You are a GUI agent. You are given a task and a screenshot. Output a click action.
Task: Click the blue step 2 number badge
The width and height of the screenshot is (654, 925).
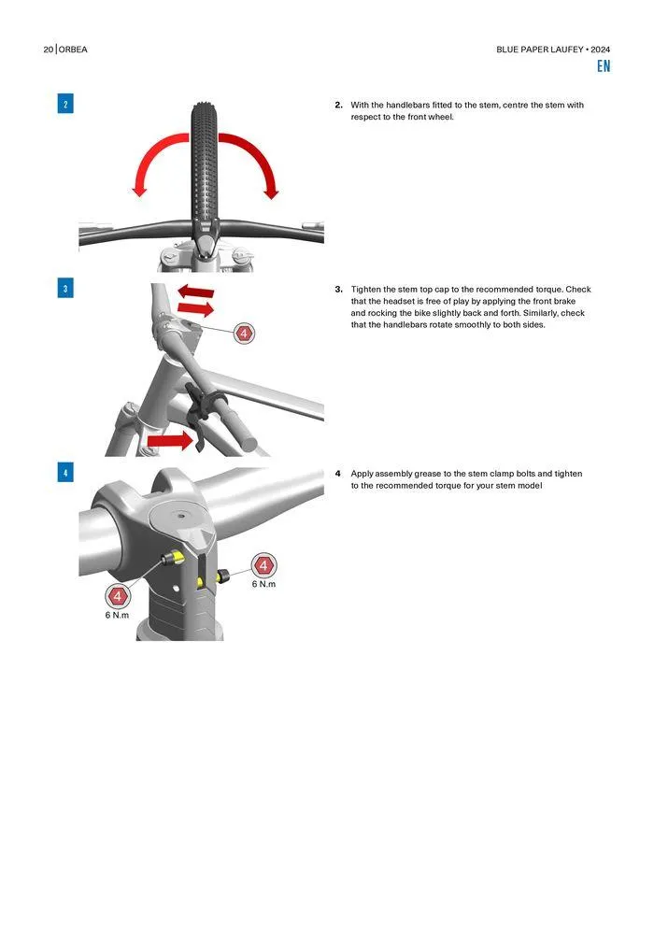pyautogui.click(x=65, y=104)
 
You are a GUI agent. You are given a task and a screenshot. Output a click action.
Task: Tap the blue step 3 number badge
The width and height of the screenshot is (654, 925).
pyautogui.click(x=65, y=289)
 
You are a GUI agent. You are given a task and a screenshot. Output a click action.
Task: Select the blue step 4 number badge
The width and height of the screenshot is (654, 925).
pyautogui.click(x=65, y=473)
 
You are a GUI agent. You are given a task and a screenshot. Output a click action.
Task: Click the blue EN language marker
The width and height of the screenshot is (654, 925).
pyautogui.click(x=604, y=66)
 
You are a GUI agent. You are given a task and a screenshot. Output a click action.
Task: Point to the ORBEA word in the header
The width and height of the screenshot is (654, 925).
pyautogui.click(x=73, y=50)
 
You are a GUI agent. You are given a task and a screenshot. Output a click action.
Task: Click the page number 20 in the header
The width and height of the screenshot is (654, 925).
pyautogui.click(x=49, y=50)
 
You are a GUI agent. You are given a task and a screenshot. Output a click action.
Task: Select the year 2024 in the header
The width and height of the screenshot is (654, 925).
pyautogui.click(x=601, y=50)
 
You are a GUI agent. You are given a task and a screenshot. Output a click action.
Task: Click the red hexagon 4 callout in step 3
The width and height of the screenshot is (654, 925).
pyautogui.click(x=244, y=334)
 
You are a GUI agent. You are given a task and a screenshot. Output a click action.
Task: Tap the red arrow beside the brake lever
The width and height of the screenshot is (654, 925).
pyautogui.click(x=170, y=440)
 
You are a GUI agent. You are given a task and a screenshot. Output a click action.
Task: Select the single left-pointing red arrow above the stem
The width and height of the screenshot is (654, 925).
pyautogui.click(x=196, y=291)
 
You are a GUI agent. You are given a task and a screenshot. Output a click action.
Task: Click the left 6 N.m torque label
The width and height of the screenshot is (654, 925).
pyautogui.click(x=117, y=615)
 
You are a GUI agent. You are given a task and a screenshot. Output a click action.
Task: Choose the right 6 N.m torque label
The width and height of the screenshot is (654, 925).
pyautogui.click(x=263, y=584)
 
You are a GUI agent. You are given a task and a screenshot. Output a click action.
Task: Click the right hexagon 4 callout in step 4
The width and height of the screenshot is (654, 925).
pyautogui.click(x=263, y=565)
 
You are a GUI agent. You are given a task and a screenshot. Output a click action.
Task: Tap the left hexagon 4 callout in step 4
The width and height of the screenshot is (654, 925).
pyautogui.click(x=118, y=596)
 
